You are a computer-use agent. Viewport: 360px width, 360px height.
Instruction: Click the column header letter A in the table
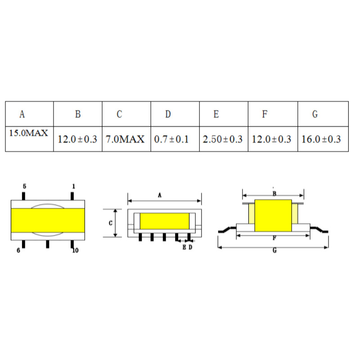22,114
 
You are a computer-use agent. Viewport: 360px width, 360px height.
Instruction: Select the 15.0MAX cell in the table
28,133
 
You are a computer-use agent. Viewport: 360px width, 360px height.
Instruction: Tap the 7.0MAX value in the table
125,139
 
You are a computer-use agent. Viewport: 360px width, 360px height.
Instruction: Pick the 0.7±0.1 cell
171,139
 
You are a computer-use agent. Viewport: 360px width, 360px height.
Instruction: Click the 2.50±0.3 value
222,139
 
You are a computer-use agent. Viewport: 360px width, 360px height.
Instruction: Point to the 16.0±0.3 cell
321,139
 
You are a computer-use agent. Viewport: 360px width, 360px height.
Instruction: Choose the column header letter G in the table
315,114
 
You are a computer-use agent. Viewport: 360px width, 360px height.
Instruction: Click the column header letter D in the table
168,114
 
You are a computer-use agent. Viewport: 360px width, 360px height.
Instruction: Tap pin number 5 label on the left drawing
25,186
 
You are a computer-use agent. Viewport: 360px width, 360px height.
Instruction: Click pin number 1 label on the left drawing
73,186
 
